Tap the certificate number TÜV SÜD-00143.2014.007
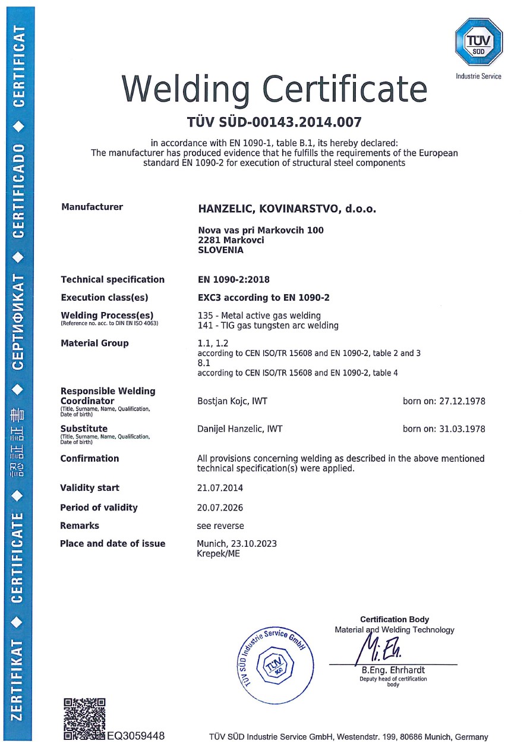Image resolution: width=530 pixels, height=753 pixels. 274,123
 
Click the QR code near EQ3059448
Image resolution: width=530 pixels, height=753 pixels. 84,719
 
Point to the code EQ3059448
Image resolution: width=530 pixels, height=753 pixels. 136,736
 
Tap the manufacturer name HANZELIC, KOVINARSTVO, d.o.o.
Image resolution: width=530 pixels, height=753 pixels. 287,209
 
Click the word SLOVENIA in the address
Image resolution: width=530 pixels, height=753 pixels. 220,250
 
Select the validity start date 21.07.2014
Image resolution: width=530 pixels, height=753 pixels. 220,488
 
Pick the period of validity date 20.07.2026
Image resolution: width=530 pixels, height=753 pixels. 220,508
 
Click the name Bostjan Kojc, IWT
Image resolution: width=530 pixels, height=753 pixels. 232,401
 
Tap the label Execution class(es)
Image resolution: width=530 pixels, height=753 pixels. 104,298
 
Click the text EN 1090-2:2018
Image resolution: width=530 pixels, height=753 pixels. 233,279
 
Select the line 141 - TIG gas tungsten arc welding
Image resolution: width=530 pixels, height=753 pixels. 267,325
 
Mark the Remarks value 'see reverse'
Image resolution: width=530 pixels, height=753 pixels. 220,526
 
